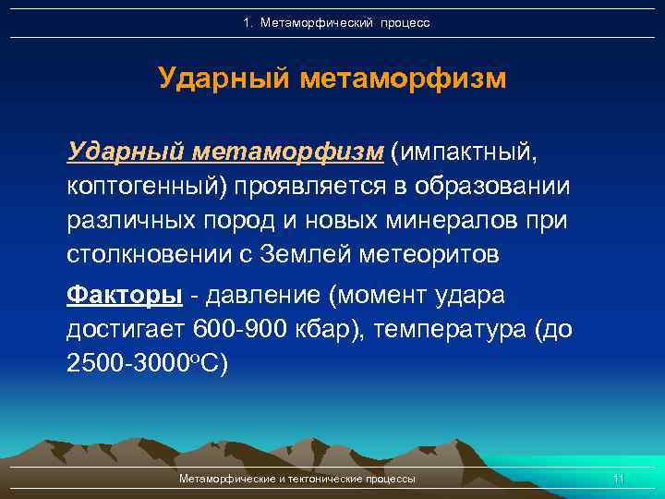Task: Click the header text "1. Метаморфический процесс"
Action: tap(336, 22)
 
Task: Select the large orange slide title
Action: tap(332, 79)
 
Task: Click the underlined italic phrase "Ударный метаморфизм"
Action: tap(224, 151)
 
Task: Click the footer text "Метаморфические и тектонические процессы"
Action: tap(296, 479)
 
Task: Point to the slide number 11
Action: tap(619, 479)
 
